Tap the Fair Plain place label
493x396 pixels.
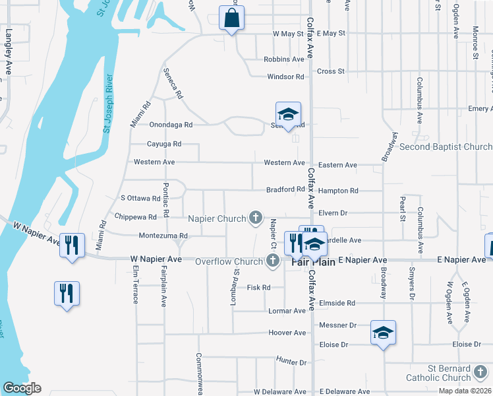314,262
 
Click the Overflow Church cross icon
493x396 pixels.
272,261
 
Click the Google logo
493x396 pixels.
22,388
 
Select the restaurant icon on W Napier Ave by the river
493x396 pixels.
70,245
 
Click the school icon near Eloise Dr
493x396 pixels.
382,333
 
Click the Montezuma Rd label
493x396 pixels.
159,236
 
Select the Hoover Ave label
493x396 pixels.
287,333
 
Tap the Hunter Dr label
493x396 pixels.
292,362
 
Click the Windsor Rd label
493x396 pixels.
285,77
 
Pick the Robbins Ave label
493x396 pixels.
283,59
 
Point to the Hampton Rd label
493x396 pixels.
338,190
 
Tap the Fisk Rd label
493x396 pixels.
258,287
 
